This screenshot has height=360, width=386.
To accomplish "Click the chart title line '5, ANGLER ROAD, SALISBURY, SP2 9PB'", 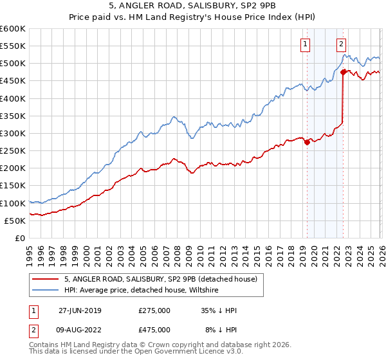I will point(193,6).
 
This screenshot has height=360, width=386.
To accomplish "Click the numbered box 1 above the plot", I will point(304,44).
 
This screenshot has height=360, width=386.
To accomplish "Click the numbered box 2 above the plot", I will point(340,44).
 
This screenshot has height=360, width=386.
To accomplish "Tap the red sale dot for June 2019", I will point(307,143).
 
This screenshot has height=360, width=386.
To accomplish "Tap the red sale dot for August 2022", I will point(343,73).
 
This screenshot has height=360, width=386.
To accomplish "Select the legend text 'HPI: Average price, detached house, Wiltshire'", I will point(142,291).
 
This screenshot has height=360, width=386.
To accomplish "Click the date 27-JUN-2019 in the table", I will point(80,310).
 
